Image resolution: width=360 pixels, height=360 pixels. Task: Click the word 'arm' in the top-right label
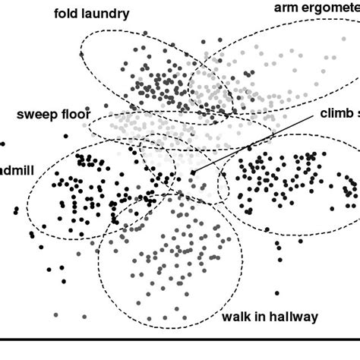tap(287, 8)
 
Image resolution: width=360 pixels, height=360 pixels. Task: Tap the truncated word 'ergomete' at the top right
tap(330, 8)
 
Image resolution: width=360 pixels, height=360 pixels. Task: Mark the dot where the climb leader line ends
tap(193, 173)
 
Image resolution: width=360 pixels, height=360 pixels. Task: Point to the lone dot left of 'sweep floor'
tap(2, 143)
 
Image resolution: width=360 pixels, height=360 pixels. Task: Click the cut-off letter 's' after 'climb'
tap(356, 113)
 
